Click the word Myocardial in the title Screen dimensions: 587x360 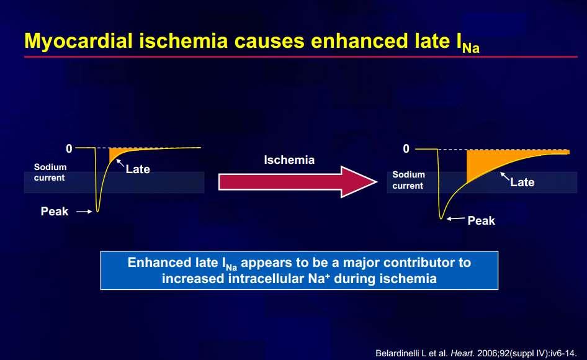(x=78, y=41)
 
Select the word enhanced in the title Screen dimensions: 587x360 (x=360, y=40)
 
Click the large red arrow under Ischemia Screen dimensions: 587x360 (x=298, y=182)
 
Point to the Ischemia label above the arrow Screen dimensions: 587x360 (x=289, y=160)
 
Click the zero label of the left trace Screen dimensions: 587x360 (x=69, y=149)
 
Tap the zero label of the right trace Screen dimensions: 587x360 (x=406, y=149)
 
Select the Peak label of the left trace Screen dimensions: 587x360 (x=55, y=211)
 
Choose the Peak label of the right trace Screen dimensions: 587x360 (x=482, y=220)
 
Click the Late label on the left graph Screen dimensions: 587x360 (x=138, y=169)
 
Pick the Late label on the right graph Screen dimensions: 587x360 (x=522, y=182)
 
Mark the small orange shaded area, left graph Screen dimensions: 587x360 (x=117, y=153)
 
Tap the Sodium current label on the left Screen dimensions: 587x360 (x=50, y=173)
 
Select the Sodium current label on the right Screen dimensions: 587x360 (x=408, y=180)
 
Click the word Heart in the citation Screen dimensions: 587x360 (x=463, y=353)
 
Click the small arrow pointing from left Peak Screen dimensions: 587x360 (x=84, y=212)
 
